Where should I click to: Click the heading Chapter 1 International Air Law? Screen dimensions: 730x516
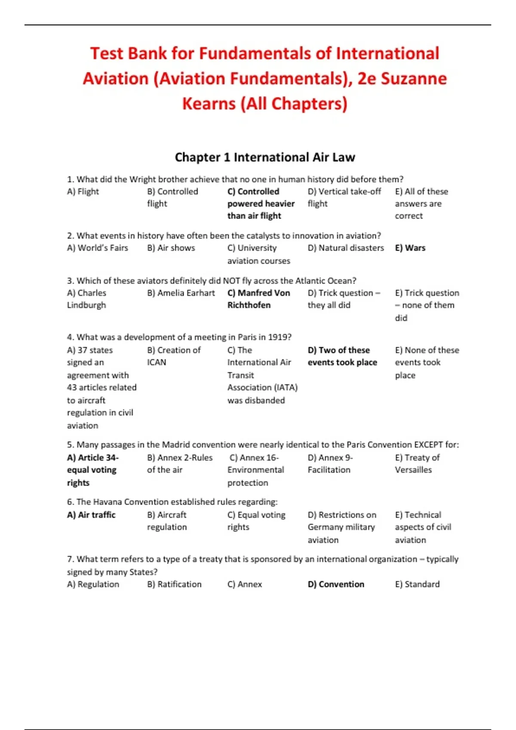point(265,157)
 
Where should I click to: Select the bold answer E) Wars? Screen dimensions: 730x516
point(410,248)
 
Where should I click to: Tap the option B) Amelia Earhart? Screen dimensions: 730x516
point(181,293)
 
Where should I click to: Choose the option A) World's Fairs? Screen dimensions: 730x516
point(98,248)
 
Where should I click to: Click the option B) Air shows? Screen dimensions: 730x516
point(171,248)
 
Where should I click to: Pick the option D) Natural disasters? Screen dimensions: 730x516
point(346,248)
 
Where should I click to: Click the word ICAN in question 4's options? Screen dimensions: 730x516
point(157,362)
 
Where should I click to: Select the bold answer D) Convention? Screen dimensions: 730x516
point(336,584)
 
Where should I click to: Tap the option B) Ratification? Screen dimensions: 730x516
point(174,584)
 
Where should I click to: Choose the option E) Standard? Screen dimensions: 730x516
point(417,584)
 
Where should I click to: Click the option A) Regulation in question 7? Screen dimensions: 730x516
point(93,584)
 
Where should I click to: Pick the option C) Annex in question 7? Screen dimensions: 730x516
point(244,584)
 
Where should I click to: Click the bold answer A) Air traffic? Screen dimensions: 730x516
point(91,514)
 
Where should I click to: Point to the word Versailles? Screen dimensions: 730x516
point(413,470)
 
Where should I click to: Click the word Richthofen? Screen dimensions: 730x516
point(249,305)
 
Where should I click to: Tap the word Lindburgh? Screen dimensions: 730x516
point(86,305)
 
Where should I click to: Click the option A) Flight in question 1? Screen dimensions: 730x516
point(83,192)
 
